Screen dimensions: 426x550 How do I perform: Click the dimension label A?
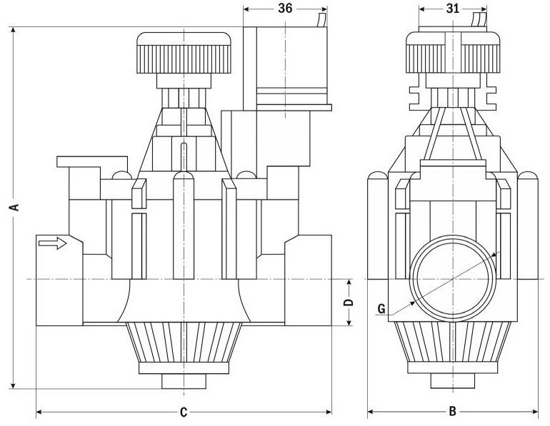[13, 207]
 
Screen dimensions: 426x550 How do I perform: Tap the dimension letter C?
[184, 412]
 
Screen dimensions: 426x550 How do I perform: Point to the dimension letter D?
[349, 303]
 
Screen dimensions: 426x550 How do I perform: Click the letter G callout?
[381, 309]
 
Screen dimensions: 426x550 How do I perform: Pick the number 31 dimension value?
[452, 9]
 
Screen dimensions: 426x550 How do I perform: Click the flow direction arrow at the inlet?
[52, 244]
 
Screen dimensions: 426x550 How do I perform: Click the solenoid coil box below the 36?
[285, 64]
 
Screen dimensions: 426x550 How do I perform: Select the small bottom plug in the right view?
[452, 381]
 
